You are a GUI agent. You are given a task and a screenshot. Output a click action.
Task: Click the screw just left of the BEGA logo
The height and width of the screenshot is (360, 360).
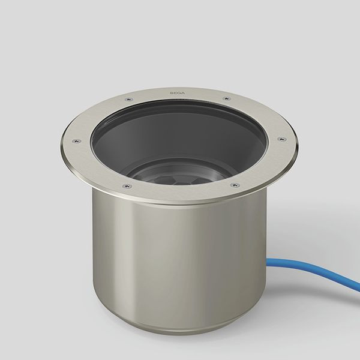coord(129,100)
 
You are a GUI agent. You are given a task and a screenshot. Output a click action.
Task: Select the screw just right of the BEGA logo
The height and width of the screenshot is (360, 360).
coord(227,99)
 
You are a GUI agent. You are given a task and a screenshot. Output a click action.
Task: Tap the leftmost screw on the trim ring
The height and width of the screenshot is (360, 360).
coord(76,141)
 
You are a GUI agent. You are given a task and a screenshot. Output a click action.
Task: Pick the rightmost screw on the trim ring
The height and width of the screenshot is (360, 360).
coord(282,139)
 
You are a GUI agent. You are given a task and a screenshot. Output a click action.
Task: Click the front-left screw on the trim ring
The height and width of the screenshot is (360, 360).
coord(127,185)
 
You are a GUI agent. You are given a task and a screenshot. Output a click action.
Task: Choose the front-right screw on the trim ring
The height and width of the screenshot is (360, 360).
coord(235,185)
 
